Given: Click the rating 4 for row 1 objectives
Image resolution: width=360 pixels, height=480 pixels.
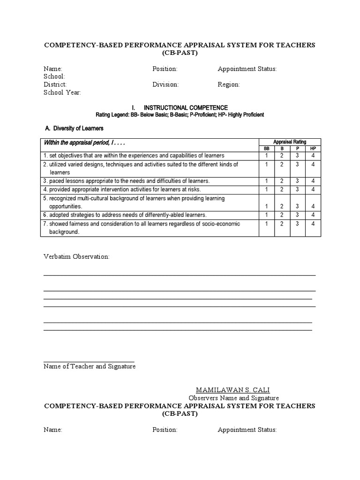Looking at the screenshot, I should pyautogui.click(x=313, y=156).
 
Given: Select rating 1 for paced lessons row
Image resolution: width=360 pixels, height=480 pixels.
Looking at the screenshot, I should pyautogui.click(x=266, y=181).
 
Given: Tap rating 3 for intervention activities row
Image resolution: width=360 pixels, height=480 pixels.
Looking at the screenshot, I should pyautogui.click(x=297, y=189).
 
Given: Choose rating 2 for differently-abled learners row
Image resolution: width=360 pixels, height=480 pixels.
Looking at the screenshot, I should pyautogui.click(x=282, y=215).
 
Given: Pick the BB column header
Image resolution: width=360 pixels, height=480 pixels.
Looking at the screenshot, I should pyautogui.click(x=266, y=148).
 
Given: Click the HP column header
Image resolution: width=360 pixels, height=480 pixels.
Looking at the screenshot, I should pyautogui.click(x=313, y=148).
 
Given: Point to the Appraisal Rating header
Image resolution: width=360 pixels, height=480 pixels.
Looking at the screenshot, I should pyautogui.click(x=290, y=142).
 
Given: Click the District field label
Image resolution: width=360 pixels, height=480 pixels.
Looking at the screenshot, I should pyautogui.click(x=55, y=85).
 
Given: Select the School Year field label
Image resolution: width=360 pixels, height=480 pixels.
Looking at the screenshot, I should pyautogui.click(x=62, y=93).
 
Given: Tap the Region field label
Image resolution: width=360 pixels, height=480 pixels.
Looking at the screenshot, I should pyautogui.click(x=229, y=85).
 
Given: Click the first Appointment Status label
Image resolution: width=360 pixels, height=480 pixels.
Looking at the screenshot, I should pyautogui.click(x=247, y=69).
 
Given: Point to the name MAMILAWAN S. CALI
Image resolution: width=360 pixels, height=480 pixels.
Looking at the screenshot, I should pyautogui.click(x=232, y=390).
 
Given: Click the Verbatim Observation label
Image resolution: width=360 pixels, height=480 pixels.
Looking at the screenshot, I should pyautogui.click(x=76, y=257).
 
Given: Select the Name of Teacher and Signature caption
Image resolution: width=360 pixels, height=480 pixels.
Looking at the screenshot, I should pyautogui.click(x=90, y=367).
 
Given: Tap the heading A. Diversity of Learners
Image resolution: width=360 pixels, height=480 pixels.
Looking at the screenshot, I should pyautogui.click(x=74, y=128).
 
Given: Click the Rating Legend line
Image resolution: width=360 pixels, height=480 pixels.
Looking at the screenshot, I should pyautogui.click(x=180, y=115).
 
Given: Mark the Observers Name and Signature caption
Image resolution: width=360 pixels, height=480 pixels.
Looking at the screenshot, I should pyautogui.click(x=232, y=398).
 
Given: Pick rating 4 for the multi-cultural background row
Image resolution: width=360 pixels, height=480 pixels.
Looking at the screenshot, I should pyautogui.click(x=313, y=206).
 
